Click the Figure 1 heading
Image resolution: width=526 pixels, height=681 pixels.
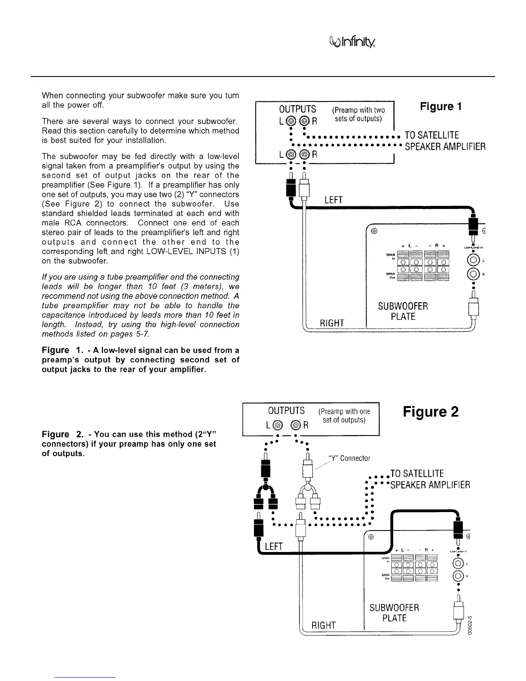tap(440, 106)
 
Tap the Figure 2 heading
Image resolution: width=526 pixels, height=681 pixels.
tap(431, 412)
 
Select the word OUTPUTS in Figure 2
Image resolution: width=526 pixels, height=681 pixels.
tap(286, 411)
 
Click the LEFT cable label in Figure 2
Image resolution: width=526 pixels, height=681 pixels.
tap(274, 546)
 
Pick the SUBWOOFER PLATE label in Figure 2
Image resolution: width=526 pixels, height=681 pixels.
tap(394, 613)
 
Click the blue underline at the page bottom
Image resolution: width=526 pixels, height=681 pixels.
tap(86, 677)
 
